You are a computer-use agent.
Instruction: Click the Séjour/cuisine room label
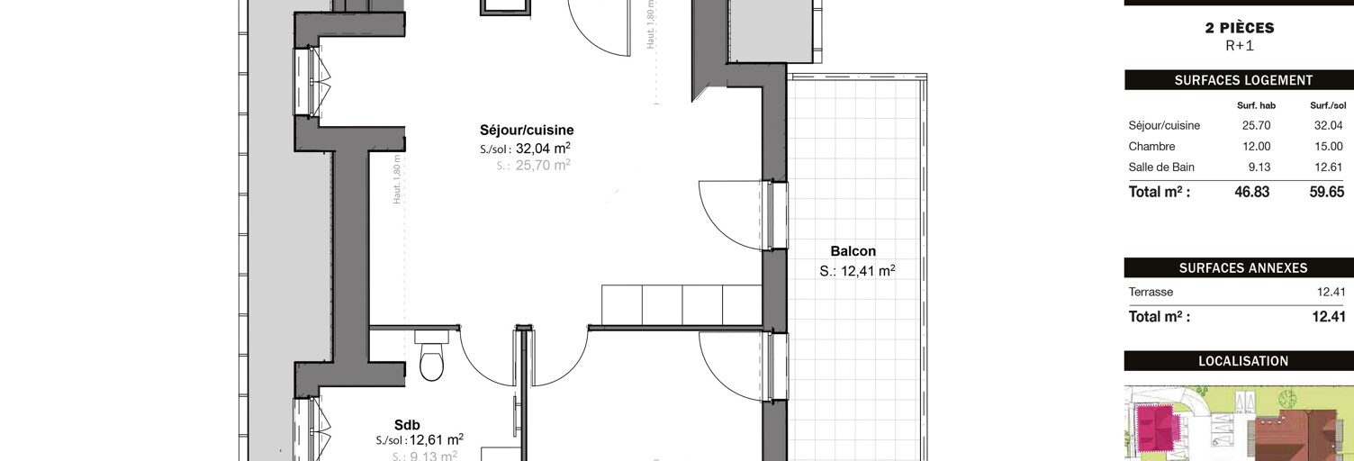pos(527,130)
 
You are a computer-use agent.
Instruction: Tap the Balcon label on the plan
pos(853,251)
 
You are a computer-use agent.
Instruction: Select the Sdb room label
pos(407,425)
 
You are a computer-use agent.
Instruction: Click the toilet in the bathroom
pos(432,357)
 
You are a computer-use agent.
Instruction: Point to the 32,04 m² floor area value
pos(543,149)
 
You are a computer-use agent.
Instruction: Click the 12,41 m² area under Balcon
pos(867,270)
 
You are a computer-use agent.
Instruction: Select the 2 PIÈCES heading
pos(1240,28)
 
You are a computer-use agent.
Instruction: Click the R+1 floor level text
pos(1240,45)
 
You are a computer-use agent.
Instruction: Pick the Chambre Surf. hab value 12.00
pos(1256,146)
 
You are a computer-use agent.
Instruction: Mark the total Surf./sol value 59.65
pos(1326,192)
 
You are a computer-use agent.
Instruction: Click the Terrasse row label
pos(1151,292)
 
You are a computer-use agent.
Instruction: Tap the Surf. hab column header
pos(1256,105)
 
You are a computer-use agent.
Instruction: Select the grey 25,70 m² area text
pos(543,166)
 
